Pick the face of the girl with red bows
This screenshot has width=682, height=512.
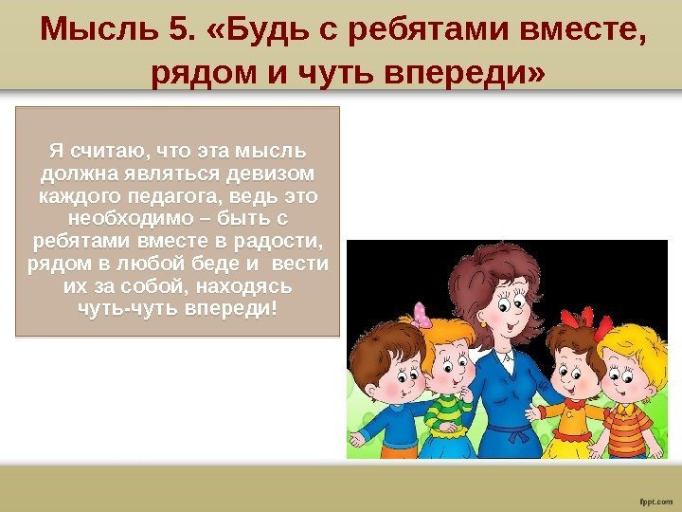click(x=572, y=370)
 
